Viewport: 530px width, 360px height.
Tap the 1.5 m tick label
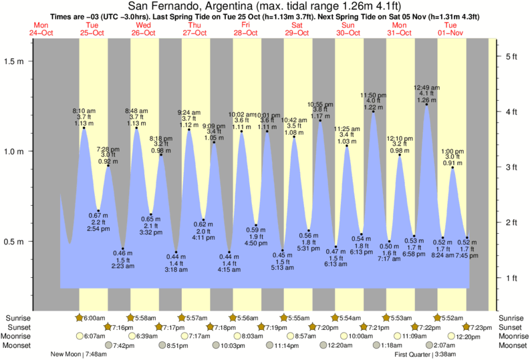14,61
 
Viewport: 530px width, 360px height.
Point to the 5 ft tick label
513,56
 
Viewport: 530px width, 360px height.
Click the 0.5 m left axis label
14,242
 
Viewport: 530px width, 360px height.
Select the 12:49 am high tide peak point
426,104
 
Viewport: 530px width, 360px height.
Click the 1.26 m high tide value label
426,101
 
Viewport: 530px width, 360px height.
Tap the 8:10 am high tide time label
84,110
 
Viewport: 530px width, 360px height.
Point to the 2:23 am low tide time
122,266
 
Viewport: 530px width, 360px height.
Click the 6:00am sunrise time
96,317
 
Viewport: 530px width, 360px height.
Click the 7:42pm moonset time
123,345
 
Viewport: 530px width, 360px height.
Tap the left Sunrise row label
18,317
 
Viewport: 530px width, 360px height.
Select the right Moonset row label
511,345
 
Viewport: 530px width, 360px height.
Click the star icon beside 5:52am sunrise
438,317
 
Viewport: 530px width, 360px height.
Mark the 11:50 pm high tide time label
372,95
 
